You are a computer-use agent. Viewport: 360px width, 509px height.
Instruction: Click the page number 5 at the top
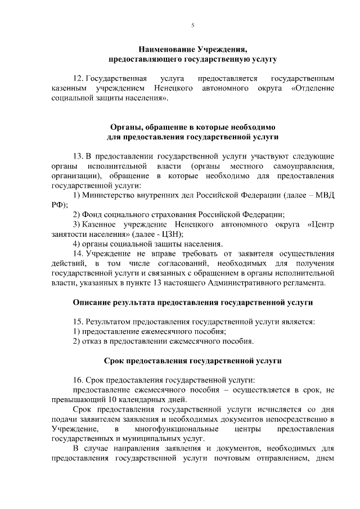click(x=192, y=25)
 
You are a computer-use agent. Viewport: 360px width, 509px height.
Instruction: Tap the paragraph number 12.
click(x=78, y=79)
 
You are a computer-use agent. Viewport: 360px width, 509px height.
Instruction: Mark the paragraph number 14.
click(x=78, y=253)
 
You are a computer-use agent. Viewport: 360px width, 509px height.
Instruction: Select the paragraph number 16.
click(x=78, y=380)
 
